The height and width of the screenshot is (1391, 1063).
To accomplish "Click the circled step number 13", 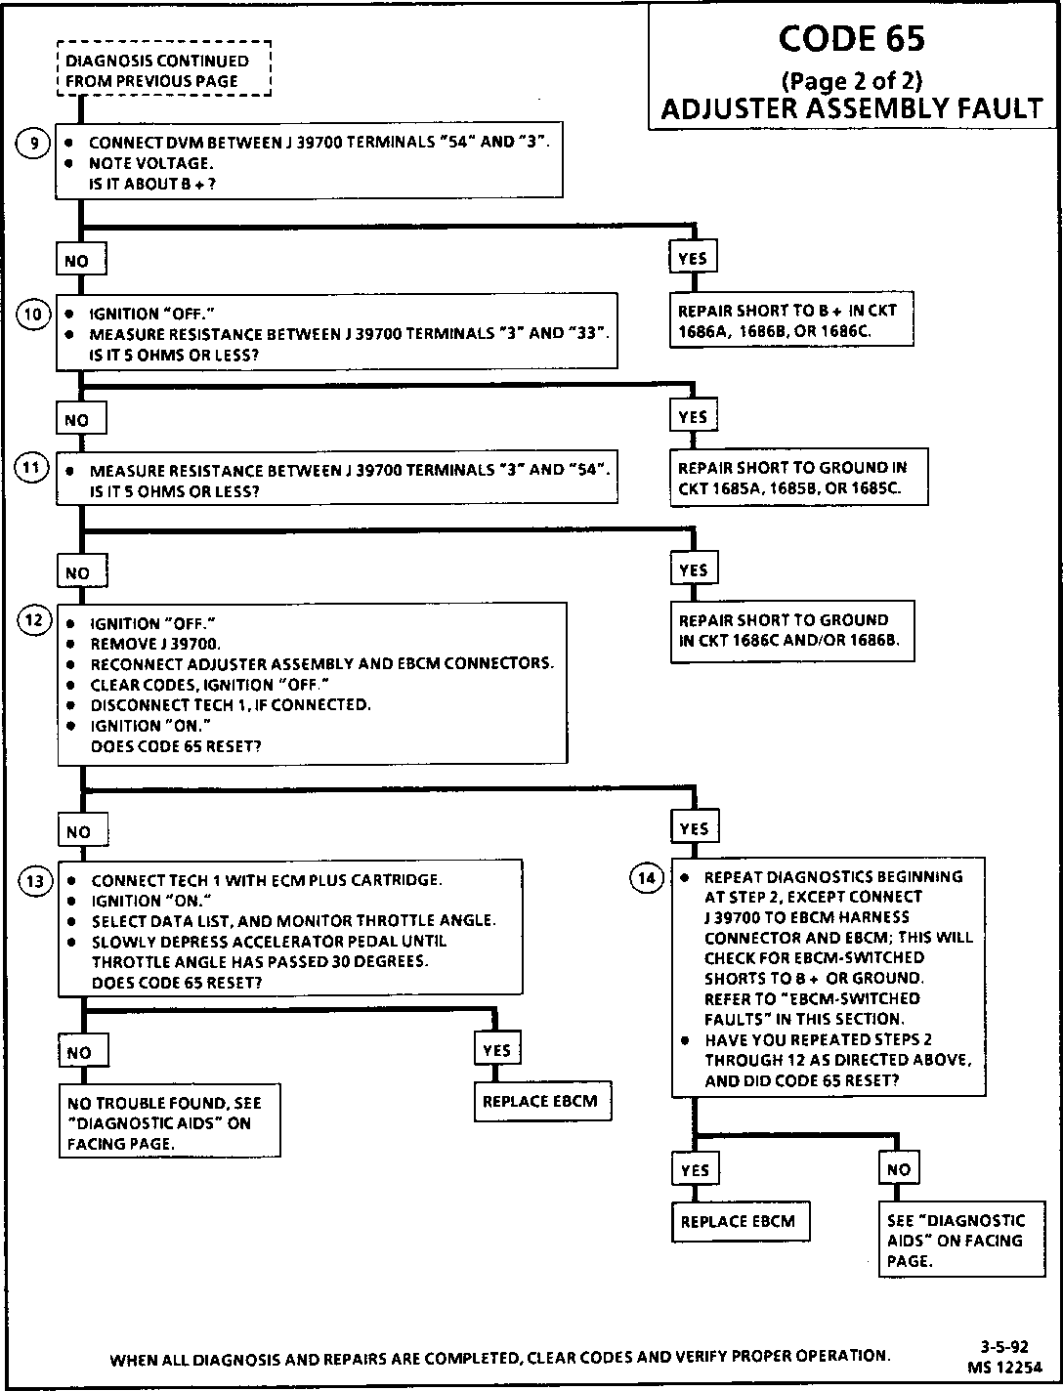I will [x=34, y=881].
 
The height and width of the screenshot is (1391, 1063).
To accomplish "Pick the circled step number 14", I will [x=647, y=878].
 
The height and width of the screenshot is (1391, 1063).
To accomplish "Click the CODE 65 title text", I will [x=852, y=38].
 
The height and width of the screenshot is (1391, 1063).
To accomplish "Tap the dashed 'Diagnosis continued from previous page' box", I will [x=163, y=70].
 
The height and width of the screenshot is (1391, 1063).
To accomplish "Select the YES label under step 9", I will [x=692, y=258].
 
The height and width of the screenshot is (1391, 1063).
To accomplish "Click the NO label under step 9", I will [x=76, y=261].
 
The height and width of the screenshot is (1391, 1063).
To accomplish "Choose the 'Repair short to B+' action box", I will [x=791, y=320].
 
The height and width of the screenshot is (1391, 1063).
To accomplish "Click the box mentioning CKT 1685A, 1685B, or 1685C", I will [x=797, y=478].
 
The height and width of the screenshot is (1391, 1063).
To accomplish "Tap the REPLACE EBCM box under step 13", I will [x=539, y=1101].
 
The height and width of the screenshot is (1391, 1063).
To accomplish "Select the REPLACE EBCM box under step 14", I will [x=740, y=1221].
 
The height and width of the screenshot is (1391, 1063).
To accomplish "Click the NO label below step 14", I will [x=898, y=1169].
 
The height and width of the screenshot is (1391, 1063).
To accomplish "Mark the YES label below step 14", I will [x=694, y=1169].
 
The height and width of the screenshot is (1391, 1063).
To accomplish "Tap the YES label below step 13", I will [x=496, y=1050].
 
